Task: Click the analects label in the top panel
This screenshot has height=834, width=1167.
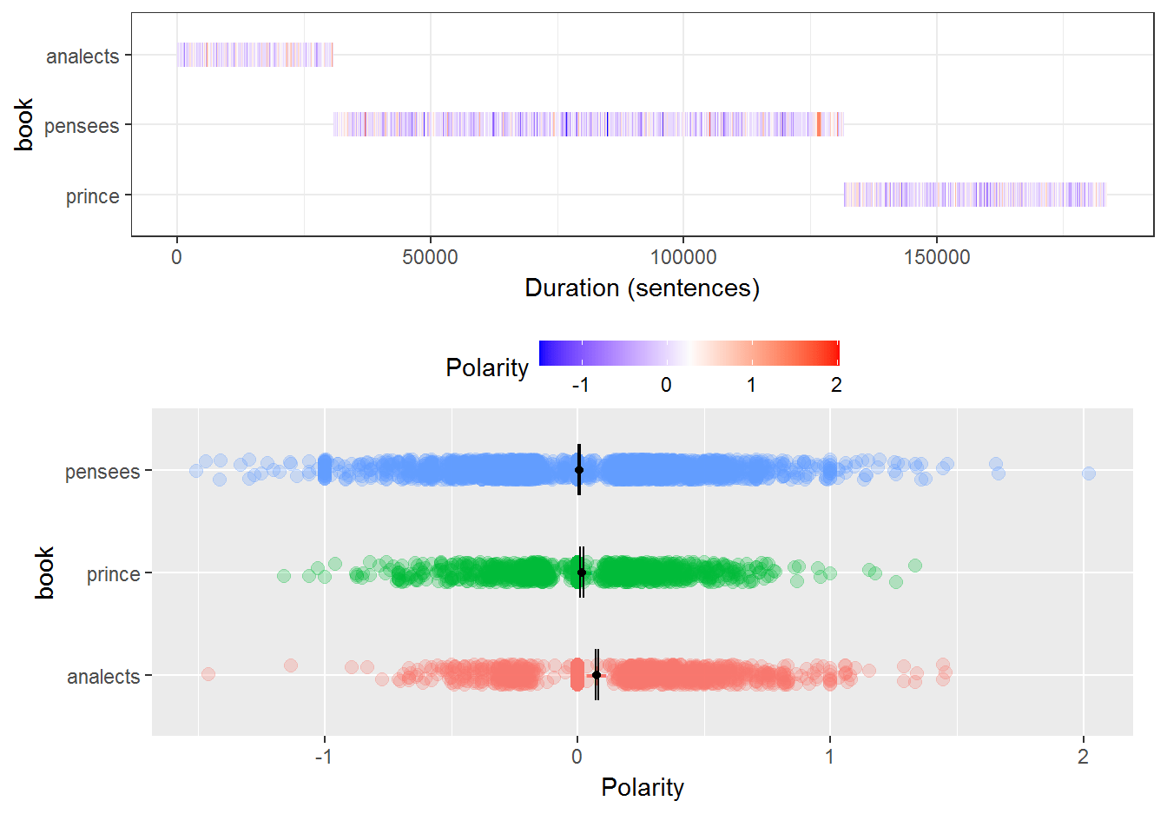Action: point(82,56)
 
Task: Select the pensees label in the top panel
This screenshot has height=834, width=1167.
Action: point(82,126)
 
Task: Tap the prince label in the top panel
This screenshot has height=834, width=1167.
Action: point(92,196)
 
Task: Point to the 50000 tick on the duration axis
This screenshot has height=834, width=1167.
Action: point(430,257)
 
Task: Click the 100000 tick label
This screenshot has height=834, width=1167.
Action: point(683,257)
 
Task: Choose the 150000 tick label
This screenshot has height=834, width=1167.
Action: point(937,257)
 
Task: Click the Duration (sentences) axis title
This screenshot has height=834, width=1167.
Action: point(642,288)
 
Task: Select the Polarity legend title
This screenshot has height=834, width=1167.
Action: point(486,367)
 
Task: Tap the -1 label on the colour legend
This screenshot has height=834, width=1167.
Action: point(580,385)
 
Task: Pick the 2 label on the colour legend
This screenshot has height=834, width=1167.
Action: point(836,385)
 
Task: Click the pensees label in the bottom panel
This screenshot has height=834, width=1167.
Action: point(102,472)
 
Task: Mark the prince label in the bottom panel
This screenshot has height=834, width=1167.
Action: point(113,574)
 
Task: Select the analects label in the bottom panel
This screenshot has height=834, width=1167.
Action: point(103,677)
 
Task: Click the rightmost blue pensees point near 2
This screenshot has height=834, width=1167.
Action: point(1089,473)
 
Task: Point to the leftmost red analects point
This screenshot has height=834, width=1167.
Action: point(208,674)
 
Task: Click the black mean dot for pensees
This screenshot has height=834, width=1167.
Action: point(579,470)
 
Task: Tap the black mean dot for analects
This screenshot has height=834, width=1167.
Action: point(597,675)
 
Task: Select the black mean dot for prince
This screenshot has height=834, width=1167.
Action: point(582,573)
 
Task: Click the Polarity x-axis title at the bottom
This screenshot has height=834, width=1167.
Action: point(642,787)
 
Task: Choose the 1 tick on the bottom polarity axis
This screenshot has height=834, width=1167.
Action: point(830,757)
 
